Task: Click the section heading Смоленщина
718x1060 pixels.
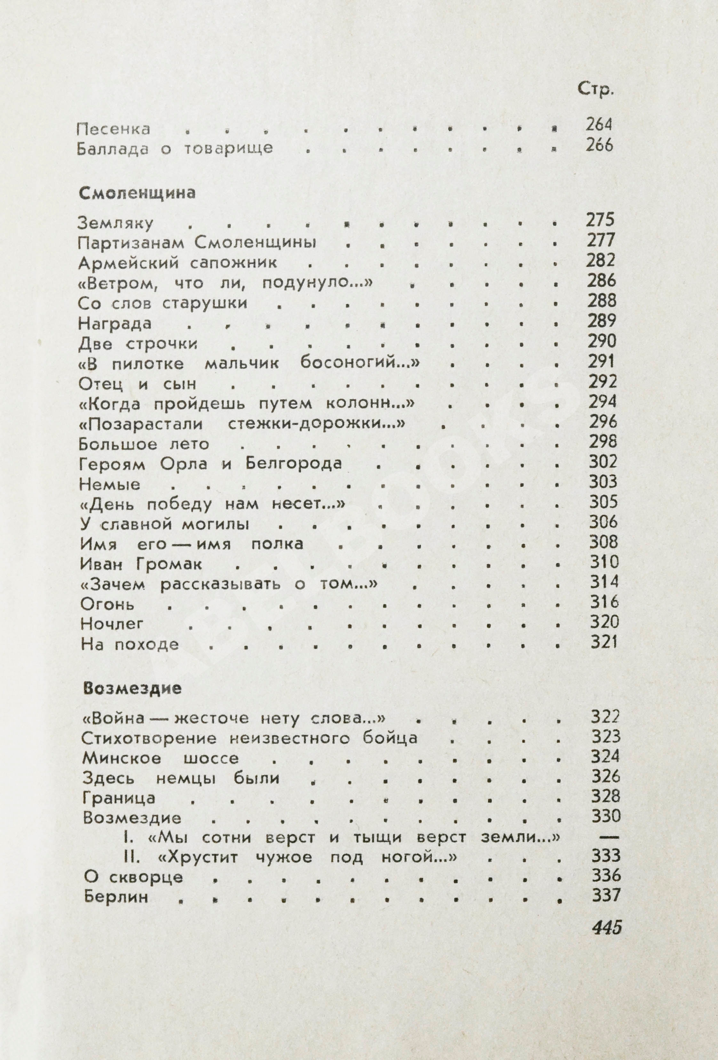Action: (x=137, y=193)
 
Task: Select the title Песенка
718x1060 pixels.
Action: (x=114, y=129)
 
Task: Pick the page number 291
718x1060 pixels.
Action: (x=601, y=362)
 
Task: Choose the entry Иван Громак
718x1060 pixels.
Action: (x=141, y=565)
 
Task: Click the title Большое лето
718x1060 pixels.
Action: (x=144, y=444)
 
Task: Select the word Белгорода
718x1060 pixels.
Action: (x=294, y=464)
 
